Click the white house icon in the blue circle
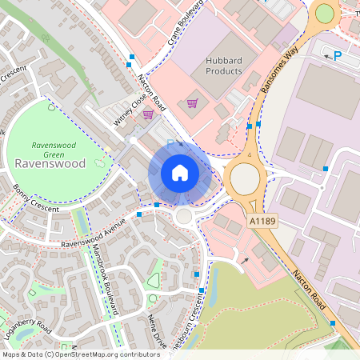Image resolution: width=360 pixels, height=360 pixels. tap(180, 173)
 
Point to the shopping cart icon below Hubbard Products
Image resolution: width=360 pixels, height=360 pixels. tap(192, 102)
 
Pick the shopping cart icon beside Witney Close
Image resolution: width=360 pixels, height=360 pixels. tap(148, 114)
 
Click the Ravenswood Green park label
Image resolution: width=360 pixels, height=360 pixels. tap(53, 149)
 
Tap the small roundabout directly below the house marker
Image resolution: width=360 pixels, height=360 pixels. tap(185, 216)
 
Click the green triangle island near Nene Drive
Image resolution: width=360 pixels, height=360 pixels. tap(153, 280)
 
